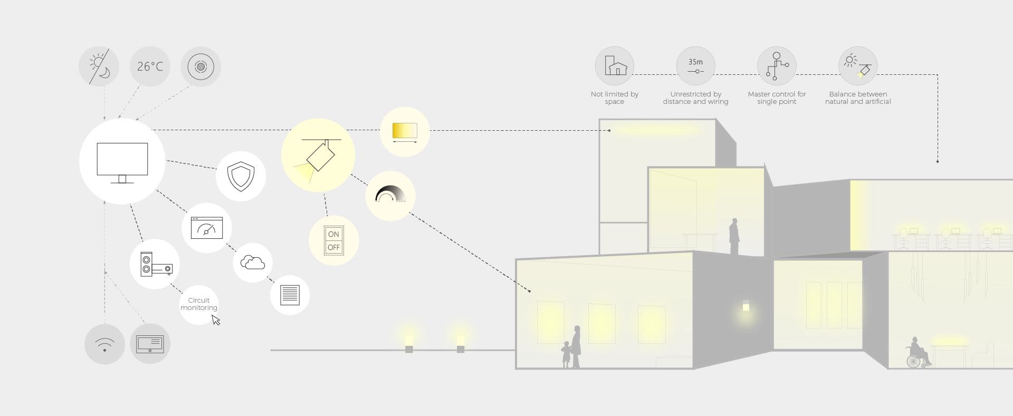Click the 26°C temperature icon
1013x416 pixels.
pos(150,66)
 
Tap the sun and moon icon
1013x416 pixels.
pos(99,66)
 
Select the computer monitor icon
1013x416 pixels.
pos(122,162)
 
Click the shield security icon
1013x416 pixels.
pos(241,176)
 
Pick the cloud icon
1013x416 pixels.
pos(253,262)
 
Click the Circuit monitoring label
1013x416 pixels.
pos(199,304)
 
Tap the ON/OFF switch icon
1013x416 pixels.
pos(333,241)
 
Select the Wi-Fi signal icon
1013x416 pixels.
pos(104,344)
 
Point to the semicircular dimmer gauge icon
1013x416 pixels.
pos(390,195)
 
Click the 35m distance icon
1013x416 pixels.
pos(695,66)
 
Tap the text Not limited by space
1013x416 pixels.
pos(615,98)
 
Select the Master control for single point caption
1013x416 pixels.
pos(777,98)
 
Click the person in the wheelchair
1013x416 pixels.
pos(919,353)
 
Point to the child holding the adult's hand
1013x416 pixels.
pos(566,354)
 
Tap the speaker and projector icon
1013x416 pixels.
pos(155,264)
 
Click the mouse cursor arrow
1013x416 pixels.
pos(215,320)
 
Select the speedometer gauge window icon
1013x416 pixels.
pos(207,228)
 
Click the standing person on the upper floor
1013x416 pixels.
pos(734,237)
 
